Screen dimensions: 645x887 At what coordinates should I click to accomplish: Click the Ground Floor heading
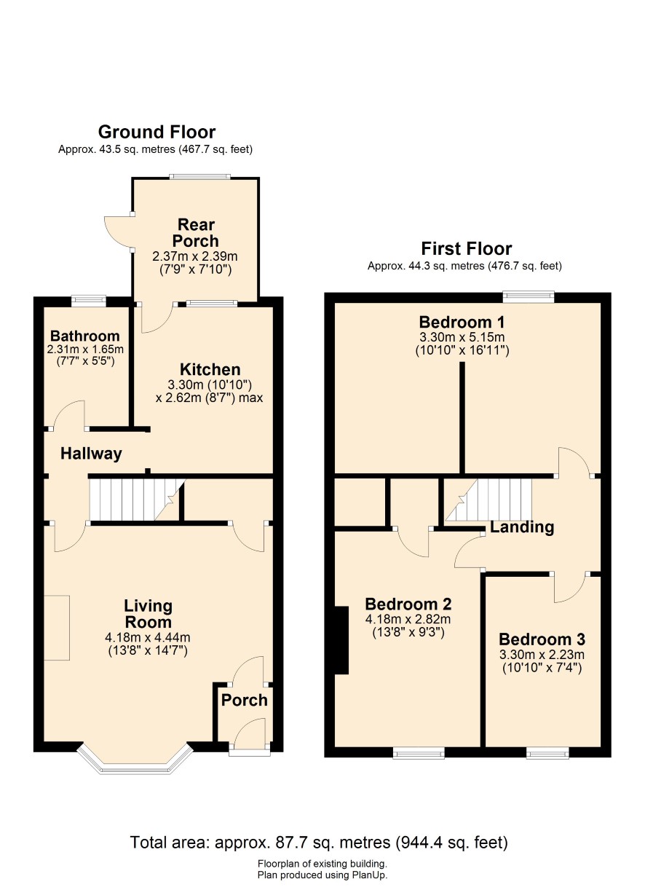157,132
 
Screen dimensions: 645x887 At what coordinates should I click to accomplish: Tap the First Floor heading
466,248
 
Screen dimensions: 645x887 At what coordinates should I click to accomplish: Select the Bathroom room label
84,336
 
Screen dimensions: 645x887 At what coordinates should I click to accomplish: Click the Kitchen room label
210,369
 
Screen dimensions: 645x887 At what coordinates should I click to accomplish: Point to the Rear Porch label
196,233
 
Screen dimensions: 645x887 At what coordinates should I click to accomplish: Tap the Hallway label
91,454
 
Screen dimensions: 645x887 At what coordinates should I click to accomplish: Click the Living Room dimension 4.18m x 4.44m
148,637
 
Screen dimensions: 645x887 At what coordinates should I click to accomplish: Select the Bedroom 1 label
462,323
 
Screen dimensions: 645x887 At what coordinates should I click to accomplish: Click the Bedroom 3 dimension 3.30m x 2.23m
542,655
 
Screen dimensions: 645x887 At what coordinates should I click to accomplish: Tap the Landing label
522,527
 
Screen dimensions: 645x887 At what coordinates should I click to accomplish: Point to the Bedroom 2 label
408,604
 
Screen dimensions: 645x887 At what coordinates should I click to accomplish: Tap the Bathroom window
89,301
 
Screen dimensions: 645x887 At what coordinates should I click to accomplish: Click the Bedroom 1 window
529,296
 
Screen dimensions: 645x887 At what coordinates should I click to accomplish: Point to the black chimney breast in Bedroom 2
341,640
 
